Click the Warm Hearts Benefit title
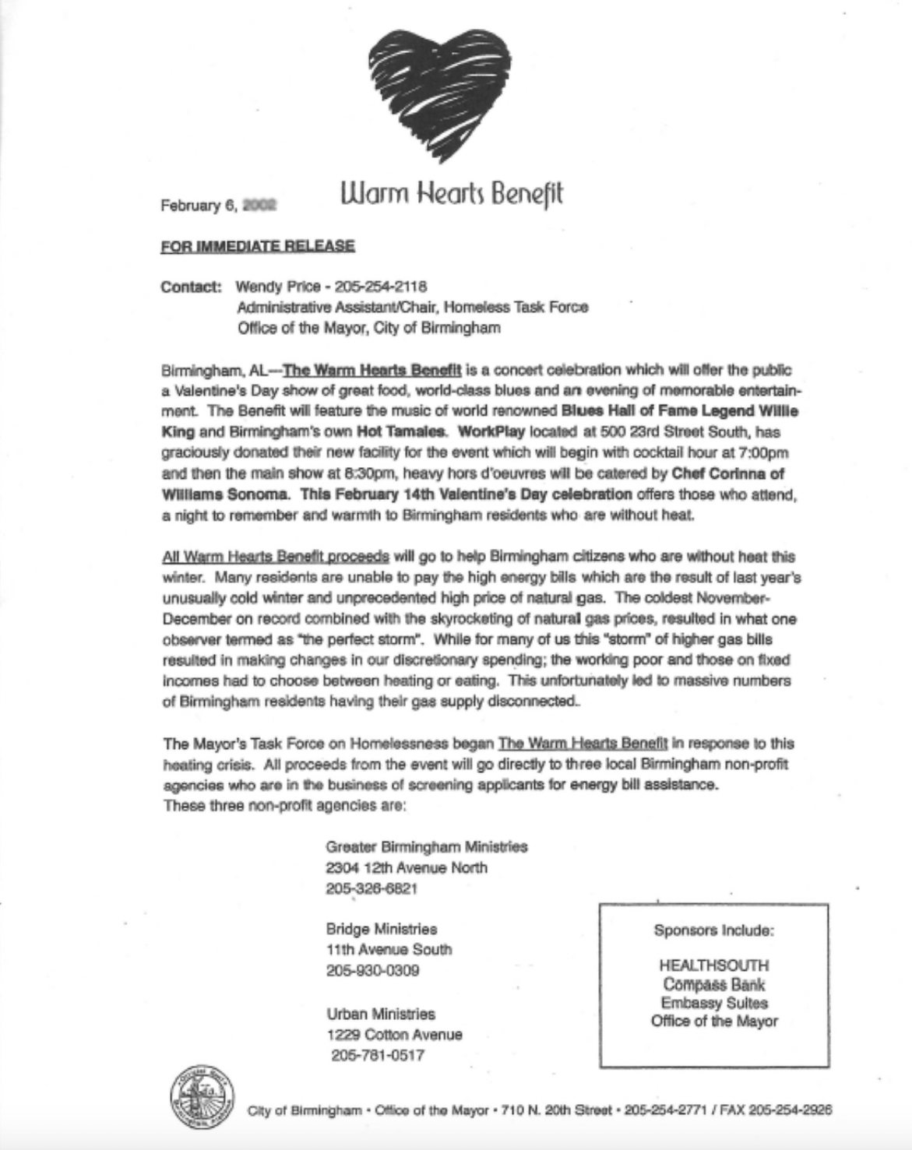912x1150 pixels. coord(452,194)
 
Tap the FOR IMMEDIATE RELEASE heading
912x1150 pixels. coord(258,246)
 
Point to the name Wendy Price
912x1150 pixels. coord(273,287)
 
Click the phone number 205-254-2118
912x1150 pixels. coord(381,287)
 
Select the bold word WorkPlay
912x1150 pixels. coord(492,431)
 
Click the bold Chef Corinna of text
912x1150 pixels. coord(727,473)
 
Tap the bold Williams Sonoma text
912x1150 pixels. coord(215,494)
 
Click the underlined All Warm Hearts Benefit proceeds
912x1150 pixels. coord(276,557)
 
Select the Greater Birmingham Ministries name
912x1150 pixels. coord(427,846)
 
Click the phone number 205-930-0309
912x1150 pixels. coord(373,970)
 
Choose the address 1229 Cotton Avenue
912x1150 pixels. coord(394,1035)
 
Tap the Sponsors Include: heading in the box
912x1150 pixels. coord(714,930)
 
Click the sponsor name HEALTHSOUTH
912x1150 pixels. coord(714,965)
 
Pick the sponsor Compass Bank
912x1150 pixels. coord(714,984)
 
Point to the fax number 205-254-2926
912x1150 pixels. coord(790,1110)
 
